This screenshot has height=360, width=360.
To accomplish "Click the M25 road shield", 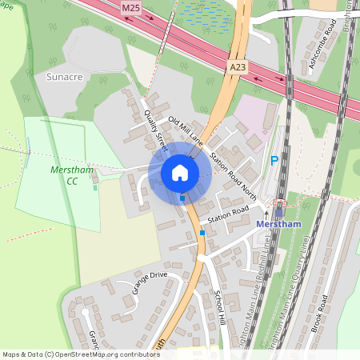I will click(132, 7).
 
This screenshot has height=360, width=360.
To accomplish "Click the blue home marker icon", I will click(180, 172).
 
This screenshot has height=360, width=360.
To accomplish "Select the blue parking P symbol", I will click(274, 161).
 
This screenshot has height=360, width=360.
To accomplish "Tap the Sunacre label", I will click(66, 77).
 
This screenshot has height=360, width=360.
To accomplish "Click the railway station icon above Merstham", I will click(279, 204).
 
